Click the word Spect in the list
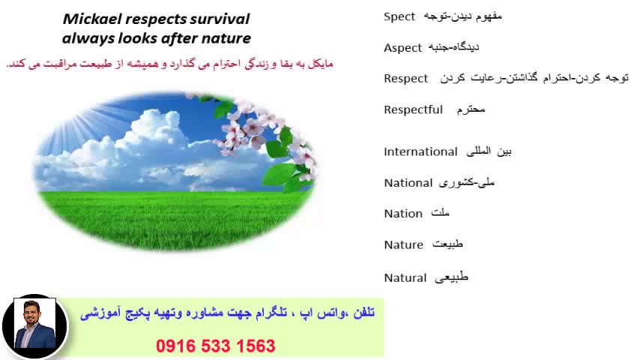click(399, 16)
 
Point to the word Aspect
click(402, 47)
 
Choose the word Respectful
click(413, 109)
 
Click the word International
click(420, 151)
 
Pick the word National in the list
click(408, 182)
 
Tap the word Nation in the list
click(403, 214)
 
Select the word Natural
click(405, 277)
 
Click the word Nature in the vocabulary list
click(403, 244)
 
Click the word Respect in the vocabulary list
click(405, 78)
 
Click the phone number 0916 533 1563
click(216, 346)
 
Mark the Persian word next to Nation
click(441, 214)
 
